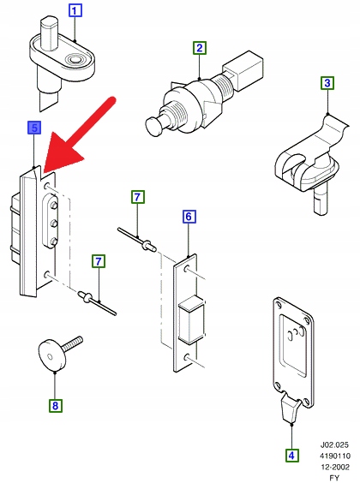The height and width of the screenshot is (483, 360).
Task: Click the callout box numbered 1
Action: pos(75,11)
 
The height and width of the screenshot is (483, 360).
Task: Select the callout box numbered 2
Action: pos(200,48)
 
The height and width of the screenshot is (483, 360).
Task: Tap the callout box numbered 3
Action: pos(327,83)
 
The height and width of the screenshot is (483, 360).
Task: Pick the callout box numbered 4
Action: pos(291,455)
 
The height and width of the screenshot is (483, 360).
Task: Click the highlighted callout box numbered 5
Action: pos(34,128)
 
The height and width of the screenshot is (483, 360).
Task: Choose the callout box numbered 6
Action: pos(189,217)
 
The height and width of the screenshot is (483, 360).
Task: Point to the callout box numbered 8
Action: pos(55,405)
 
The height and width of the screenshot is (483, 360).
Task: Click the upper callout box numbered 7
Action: pos(137,197)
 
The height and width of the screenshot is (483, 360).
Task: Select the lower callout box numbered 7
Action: pos(99,261)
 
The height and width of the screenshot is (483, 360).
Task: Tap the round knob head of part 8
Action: pos(52,355)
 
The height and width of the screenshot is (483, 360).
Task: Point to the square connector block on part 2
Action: pos(243,70)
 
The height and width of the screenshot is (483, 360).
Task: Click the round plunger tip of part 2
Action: pos(155,126)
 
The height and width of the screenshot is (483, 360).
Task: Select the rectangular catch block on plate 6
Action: pos(191,319)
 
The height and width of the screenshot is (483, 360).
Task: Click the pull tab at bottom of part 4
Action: pos(291,408)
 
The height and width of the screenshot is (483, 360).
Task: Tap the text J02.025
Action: pos(334,444)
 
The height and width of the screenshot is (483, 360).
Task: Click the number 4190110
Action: pos(335,456)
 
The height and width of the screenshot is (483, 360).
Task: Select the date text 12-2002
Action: pos(335,467)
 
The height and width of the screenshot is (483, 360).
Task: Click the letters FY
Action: pos(334,478)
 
